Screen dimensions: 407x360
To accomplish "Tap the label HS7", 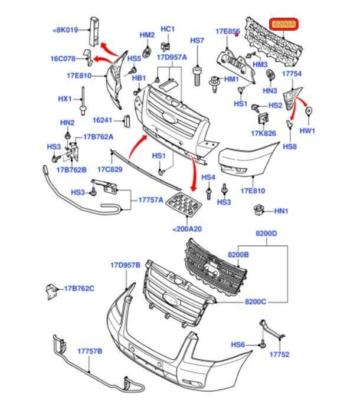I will point(197,40).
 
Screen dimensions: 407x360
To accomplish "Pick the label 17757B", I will point(90,351).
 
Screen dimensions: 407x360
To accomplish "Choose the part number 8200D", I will point(266,234).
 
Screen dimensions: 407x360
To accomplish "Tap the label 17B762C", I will point(80,288).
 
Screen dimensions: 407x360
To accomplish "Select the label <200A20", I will point(187,229).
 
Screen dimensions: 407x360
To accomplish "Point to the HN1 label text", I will point(281,211).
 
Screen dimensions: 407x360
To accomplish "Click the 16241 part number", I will point(102,120).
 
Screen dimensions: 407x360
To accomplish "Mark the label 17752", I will point(280,355).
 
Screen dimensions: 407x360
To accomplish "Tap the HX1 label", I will point(64,99).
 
